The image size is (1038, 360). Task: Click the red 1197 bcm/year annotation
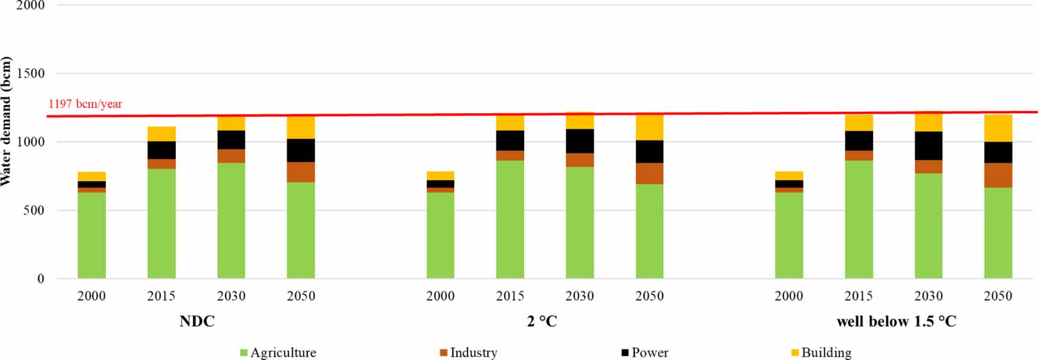85,104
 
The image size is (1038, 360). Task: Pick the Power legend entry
644,353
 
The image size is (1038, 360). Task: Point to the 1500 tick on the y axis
31,73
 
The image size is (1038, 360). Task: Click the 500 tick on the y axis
34,211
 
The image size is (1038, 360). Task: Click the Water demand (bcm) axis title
7,121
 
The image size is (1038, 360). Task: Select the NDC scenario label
197,321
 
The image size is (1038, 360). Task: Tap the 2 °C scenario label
542,321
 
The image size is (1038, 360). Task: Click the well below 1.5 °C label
896,321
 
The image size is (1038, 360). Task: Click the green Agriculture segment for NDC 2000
91,235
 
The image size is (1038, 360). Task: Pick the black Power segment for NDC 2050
301,151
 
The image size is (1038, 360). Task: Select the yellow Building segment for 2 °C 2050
649,127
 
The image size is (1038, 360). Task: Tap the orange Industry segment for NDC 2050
301,172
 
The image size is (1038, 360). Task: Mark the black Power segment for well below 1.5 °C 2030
928,146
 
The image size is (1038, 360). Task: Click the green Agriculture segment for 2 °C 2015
510,219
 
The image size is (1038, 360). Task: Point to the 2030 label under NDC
231,296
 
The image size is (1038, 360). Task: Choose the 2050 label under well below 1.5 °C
998,296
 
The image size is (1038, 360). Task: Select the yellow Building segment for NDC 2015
161,134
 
